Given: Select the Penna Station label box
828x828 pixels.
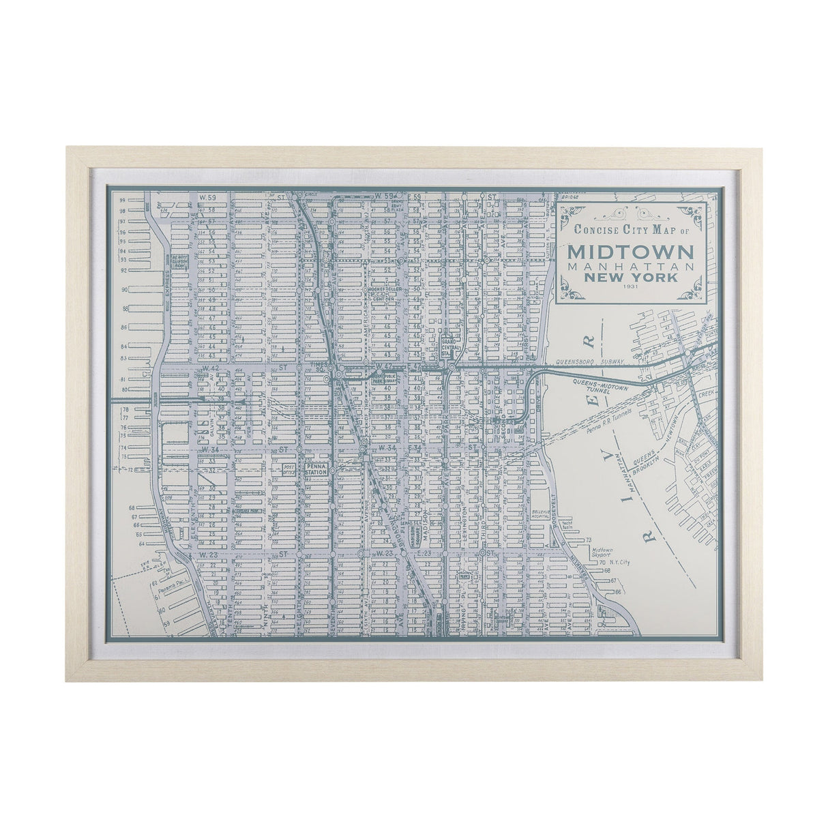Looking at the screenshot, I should pos(317,469).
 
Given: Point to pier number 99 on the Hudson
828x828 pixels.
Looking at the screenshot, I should pos(122,201).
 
